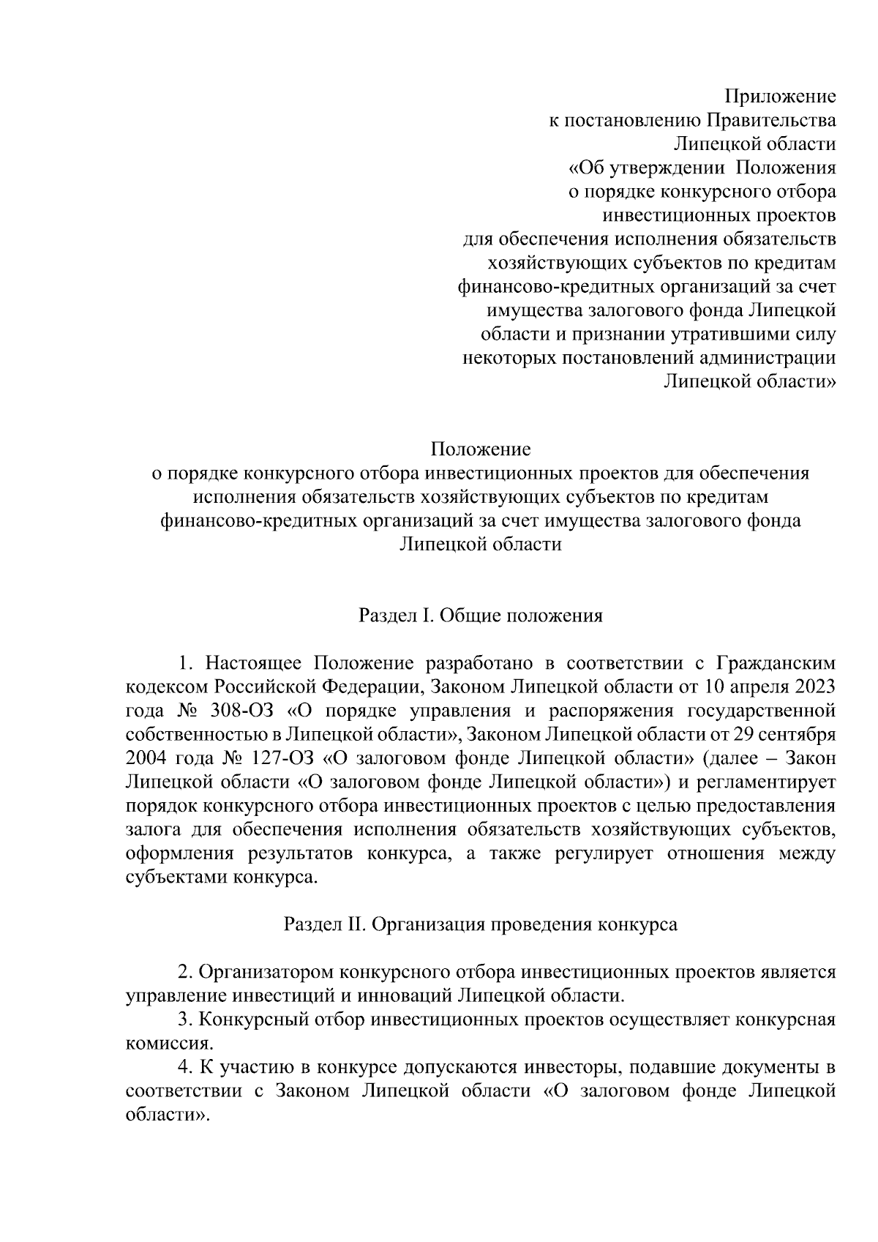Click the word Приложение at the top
pos(780,97)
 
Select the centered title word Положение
pos(480,448)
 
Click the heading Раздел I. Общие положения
pos(480,616)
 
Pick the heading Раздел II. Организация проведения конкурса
pos(480,924)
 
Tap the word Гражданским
pos(776,663)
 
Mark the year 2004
pos(146,758)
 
